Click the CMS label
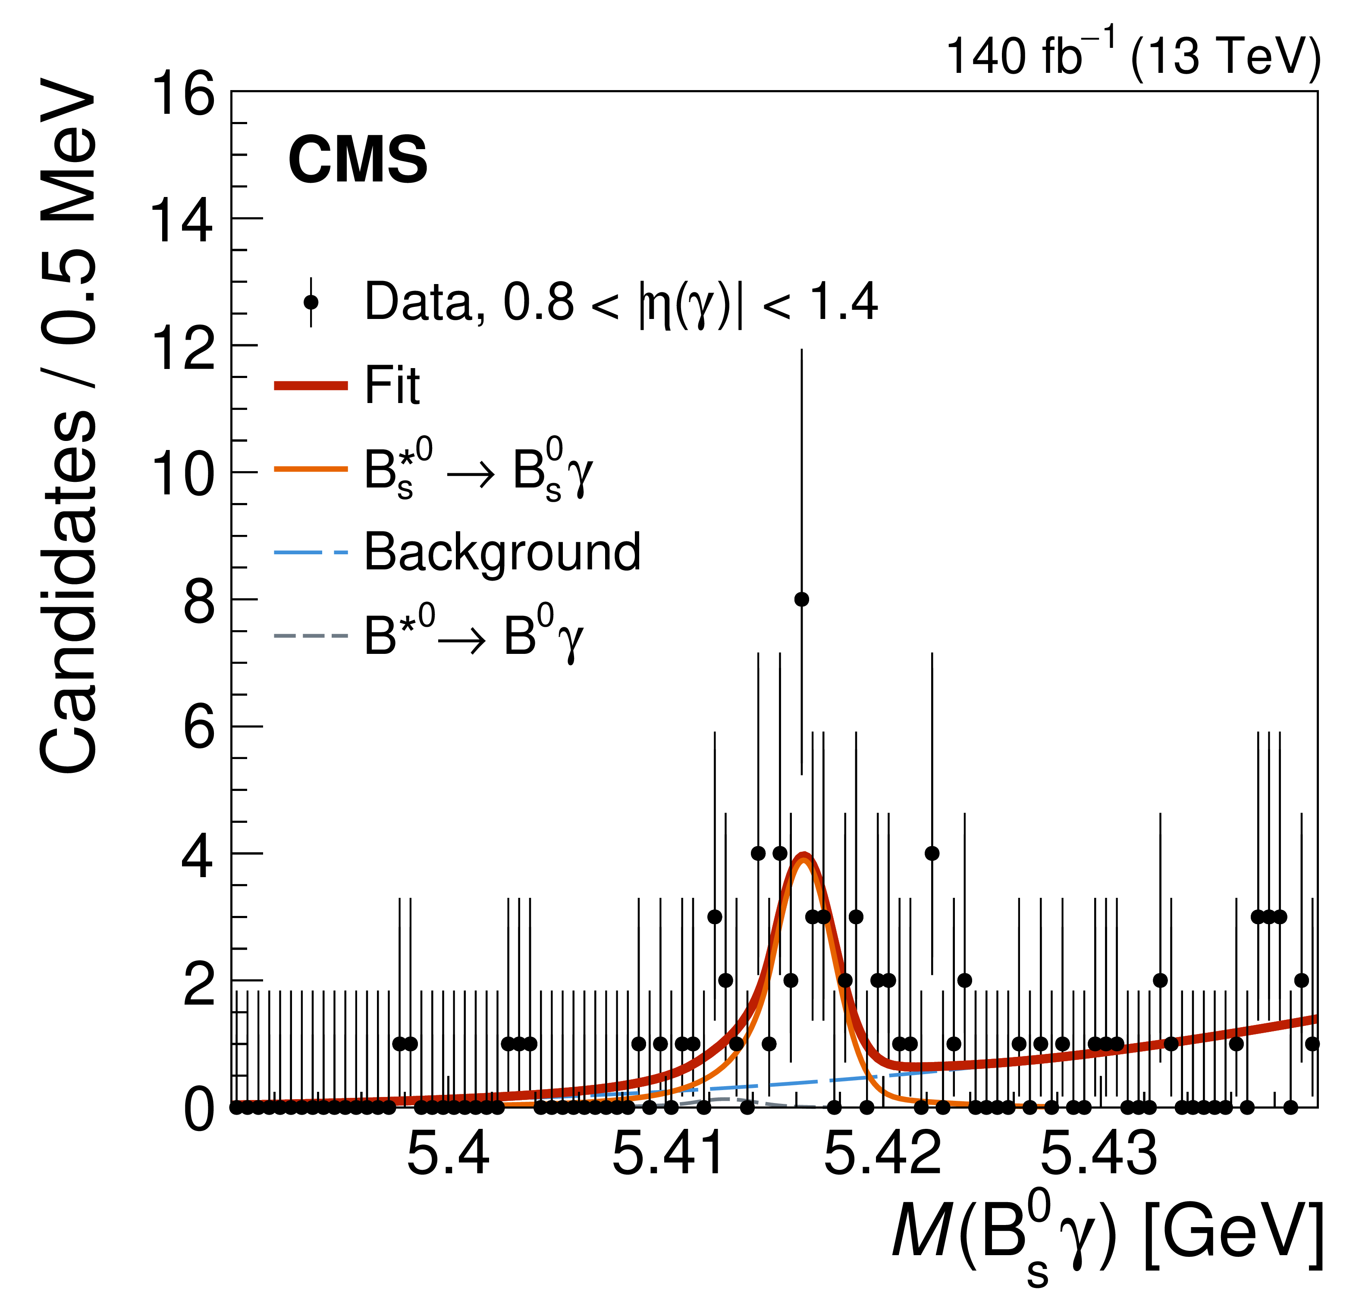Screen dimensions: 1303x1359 click(x=358, y=160)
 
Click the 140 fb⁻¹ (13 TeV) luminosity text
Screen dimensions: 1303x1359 click(x=1132, y=56)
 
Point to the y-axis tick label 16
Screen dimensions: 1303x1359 click(x=183, y=94)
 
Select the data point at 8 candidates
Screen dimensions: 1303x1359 click(x=801, y=600)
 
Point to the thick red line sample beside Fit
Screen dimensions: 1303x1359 click(x=311, y=386)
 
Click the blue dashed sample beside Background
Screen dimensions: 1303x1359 click(x=311, y=553)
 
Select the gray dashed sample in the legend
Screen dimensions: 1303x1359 click(x=311, y=636)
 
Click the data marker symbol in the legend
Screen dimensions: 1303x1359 click(x=311, y=302)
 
